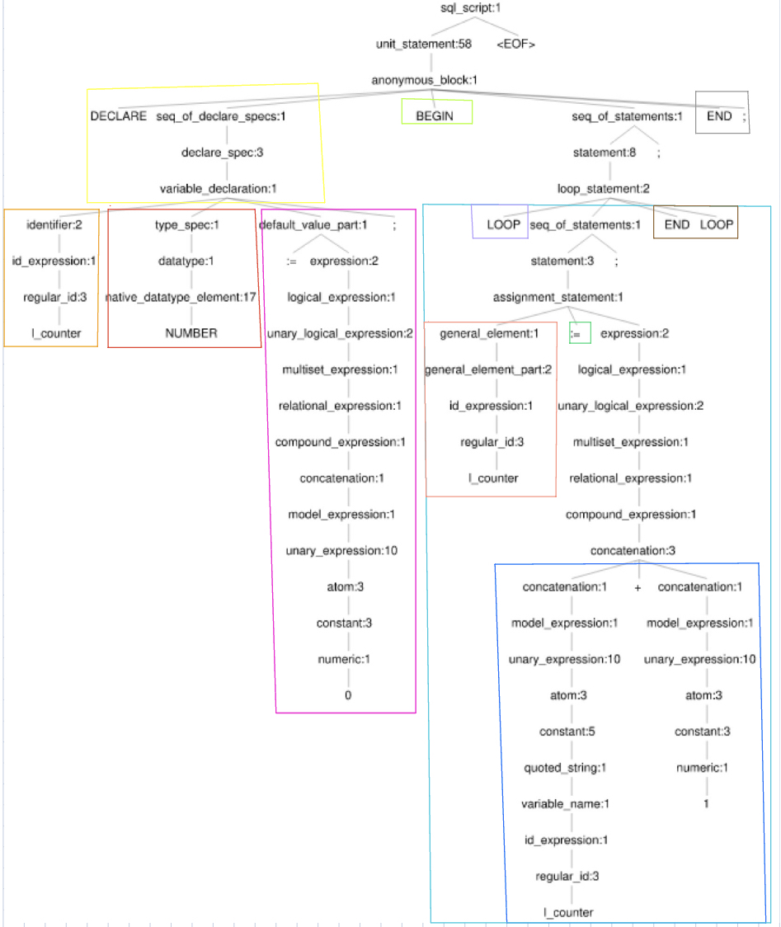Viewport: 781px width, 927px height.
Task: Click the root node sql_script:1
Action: coord(471,8)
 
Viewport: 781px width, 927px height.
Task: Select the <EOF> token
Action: coord(515,45)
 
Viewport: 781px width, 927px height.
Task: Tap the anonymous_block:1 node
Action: coord(425,80)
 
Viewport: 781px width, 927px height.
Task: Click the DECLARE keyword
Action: coord(119,116)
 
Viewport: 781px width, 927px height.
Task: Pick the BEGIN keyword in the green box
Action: coord(435,116)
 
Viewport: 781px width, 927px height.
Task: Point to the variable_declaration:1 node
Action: coord(218,189)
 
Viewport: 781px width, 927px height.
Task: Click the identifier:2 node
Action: coord(54,224)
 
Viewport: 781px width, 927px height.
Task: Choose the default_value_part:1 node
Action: coord(313,224)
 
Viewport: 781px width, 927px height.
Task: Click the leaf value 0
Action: coord(348,695)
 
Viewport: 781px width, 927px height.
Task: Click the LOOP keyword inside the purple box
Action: coord(503,224)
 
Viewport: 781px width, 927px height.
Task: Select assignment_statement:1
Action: coord(558,297)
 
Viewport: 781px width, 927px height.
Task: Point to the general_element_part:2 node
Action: coord(489,369)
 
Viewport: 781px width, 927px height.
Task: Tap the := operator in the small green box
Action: coord(580,333)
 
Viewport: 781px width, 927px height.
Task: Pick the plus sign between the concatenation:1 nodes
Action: coord(638,587)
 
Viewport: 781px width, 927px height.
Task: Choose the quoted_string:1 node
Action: coord(566,768)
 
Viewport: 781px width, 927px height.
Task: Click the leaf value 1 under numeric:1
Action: coord(707,803)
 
